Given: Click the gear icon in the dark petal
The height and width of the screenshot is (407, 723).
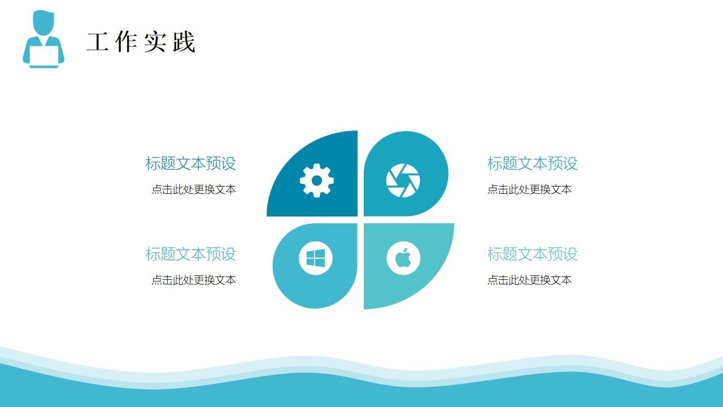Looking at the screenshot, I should click(316, 180).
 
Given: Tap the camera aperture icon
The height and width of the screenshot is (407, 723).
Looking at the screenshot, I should click(403, 180).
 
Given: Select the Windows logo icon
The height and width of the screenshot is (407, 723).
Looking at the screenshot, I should click(316, 259).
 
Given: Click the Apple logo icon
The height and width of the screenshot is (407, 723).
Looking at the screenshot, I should click(403, 258).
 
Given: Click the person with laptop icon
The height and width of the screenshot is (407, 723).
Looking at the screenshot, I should click(43, 40).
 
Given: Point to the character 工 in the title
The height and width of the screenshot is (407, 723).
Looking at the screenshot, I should click(98, 42).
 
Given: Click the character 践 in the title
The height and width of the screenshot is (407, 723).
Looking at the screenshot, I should click(184, 42).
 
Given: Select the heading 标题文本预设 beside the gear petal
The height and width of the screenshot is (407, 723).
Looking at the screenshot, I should click(190, 163).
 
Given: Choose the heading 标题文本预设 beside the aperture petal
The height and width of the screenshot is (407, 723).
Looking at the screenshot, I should click(532, 163).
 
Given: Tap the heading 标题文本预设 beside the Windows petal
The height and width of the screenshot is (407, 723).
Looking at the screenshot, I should click(190, 254).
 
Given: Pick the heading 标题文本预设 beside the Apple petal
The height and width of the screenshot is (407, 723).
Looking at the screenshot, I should click(532, 254).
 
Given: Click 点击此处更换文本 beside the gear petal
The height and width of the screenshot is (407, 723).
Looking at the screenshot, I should click(193, 189).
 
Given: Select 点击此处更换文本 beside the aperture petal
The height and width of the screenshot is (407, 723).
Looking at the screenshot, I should click(529, 189).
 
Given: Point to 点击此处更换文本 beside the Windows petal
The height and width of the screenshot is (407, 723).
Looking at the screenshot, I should click(193, 280).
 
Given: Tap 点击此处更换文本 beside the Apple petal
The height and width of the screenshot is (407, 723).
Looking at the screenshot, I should click(529, 280).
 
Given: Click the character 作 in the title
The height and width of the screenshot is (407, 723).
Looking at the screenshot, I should click(126, 42).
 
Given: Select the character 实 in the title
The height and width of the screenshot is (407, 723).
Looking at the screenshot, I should click(155, 42).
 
